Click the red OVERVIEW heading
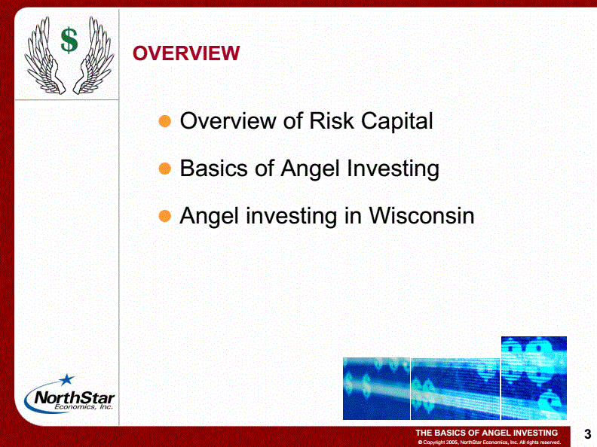point(186,53)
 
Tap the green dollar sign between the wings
point(69,40)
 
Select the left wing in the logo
point(44,57)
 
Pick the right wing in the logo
point(93,56)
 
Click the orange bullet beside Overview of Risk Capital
point(165,121)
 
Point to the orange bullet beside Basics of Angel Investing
point(165,169)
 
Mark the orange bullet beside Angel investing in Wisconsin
point(165,216)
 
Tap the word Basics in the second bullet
point(213,168)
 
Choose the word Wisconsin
point(421,215)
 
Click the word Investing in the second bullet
point(393,169)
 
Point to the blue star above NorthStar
point(67,379)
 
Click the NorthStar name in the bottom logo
point(74,398)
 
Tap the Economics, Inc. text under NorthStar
point(84,406)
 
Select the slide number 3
point(587,434)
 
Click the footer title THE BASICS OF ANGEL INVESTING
point(487,433)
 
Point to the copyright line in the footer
point(489,442)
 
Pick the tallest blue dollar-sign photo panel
point(534,378)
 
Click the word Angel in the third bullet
point(210,217)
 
